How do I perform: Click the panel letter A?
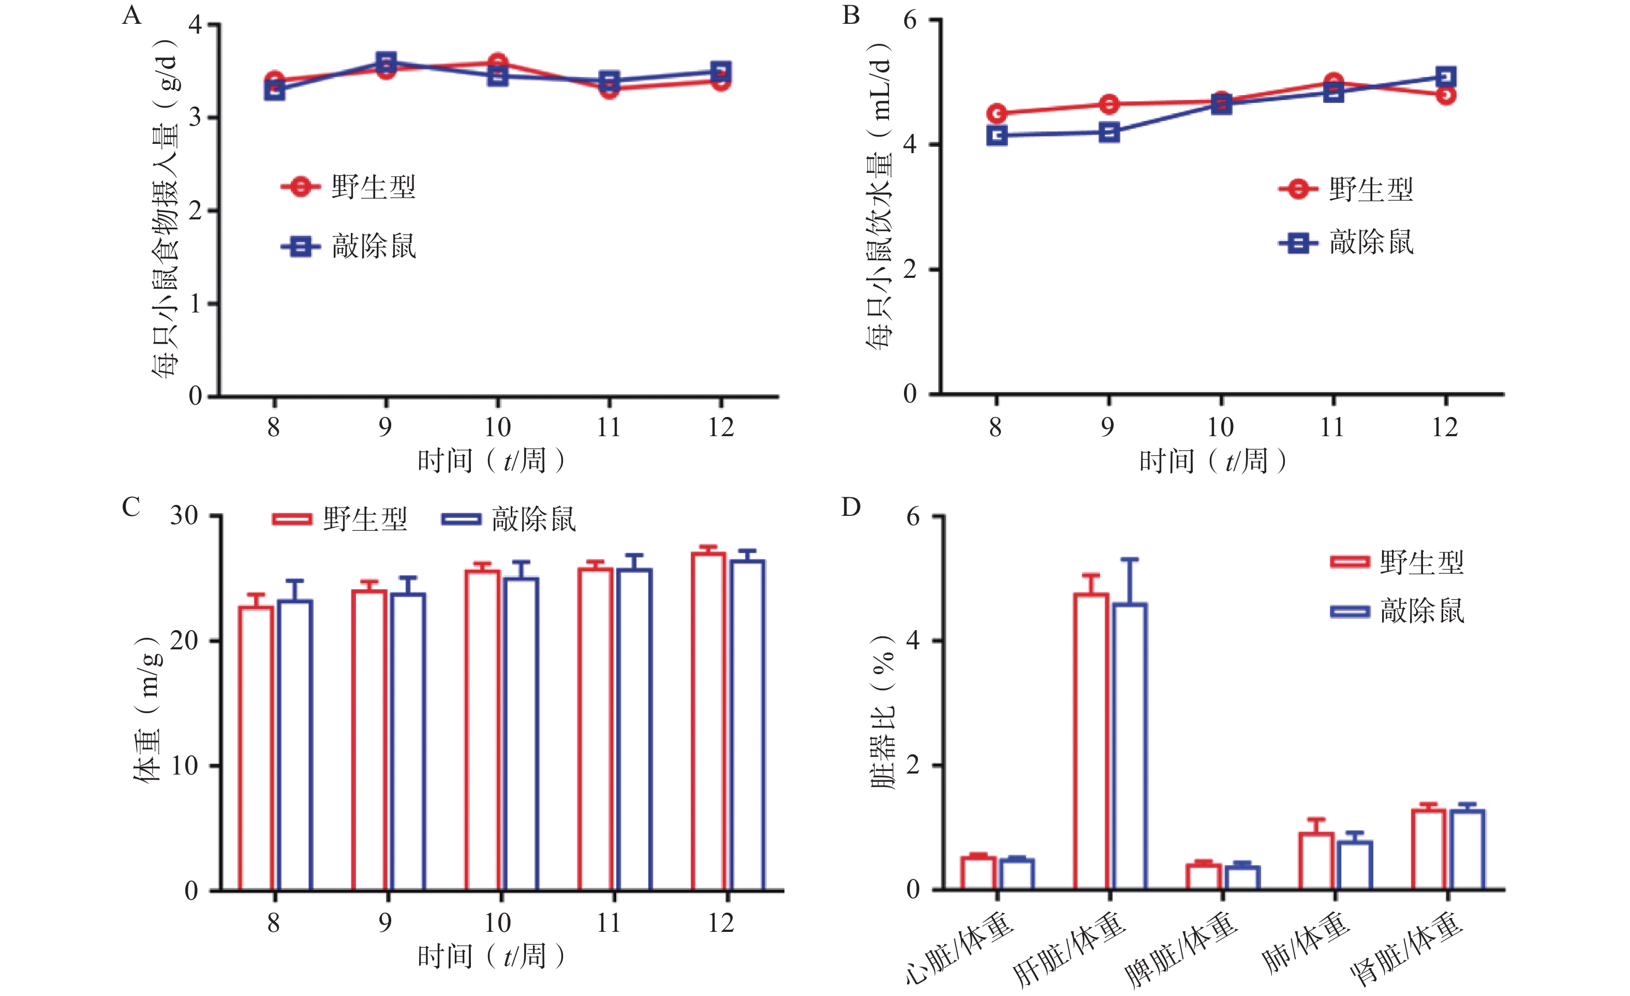click(131, 14)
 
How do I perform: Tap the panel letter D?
click(850, 507)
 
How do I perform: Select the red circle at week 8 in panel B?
click(997, 113)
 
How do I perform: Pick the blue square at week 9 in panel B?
click(1109, 132)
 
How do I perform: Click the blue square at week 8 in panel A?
click(275, 90)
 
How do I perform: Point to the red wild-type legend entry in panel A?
click(349, 187)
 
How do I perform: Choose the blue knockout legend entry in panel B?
click(1346, 243)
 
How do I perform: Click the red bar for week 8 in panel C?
click(256, 747)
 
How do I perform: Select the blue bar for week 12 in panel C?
click(748, 724)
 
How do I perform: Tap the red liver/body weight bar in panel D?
click(1091, 741)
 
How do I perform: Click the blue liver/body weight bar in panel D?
click(1130, 746)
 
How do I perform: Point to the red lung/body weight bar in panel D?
click(1316, 860)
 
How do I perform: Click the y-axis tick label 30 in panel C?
click(184, 516)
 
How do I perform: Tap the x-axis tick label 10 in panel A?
click(497, 427)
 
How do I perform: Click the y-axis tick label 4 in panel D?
click(913, 640)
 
